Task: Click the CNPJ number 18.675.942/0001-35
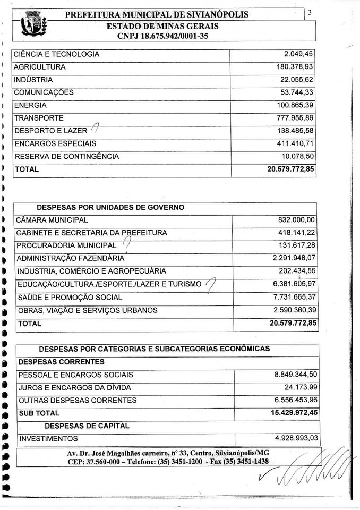(163, 36)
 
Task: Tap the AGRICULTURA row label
(40, 67)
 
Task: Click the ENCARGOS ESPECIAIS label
(55, 143)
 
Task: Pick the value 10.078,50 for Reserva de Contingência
(297, 156)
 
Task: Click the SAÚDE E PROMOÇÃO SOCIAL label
(70, 297)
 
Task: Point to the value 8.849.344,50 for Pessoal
(296, 375)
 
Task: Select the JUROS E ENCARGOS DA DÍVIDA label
(74, 388)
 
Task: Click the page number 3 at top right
(310, 13)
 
